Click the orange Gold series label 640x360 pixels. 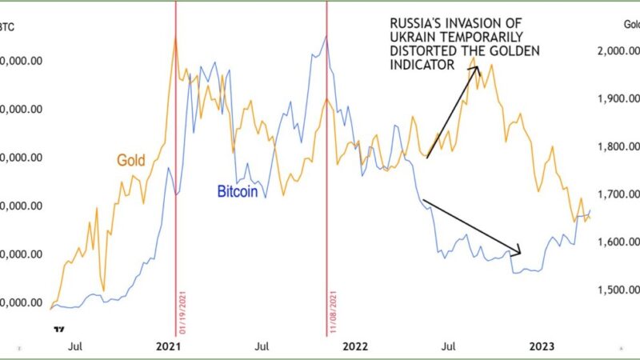tap(130, 161)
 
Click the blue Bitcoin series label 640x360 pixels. tap(238, 191)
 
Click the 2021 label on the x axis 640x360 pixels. tap(166, 346)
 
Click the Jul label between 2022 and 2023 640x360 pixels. tap(450, 346)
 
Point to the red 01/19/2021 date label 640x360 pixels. tap(182, 312)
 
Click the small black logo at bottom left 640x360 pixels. tap(58, 329)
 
